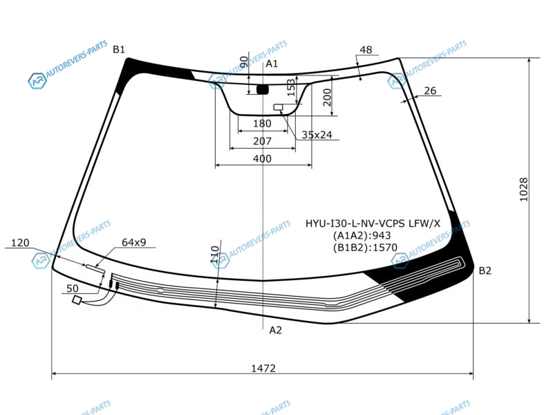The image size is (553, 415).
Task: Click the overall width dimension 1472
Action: click(x=263, y=368)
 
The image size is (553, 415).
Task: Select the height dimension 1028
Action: click(x=524, y=190)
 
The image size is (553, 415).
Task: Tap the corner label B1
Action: click(x=119, y=49)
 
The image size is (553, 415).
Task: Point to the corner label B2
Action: click(x=485, y=270)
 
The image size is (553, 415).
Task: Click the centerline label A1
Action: click(x=272, y=64)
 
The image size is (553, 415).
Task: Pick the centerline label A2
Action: click(x=275, y=331)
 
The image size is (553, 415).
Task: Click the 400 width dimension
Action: click(x=262, y=159)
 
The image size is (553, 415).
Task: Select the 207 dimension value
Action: click(x=263, y=141)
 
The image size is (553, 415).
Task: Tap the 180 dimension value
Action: click(x=263, y=124)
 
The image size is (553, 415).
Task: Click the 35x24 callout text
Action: click(x=317, y=135)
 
